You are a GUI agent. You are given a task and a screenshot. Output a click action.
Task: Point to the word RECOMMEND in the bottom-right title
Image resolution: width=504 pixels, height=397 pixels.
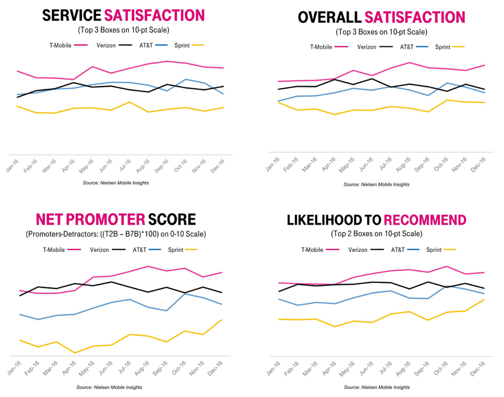(425, 220)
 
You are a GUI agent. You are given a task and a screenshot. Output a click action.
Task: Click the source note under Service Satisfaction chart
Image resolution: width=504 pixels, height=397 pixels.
(116, 183)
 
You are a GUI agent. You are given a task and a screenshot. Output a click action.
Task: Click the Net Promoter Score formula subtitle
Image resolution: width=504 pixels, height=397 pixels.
(116, 234)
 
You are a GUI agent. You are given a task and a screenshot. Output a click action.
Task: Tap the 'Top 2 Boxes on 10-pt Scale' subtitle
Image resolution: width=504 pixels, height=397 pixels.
(376, 234)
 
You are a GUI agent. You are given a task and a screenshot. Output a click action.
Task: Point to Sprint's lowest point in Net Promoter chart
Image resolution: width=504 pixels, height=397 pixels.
(75, 353)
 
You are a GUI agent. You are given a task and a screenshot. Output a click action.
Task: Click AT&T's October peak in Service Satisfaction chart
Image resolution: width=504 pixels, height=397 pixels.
(186, 80)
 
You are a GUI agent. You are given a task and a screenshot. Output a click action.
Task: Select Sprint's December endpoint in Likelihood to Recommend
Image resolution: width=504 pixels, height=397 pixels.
(484, 299)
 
